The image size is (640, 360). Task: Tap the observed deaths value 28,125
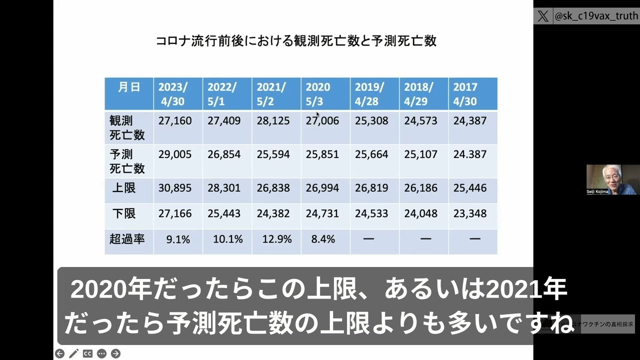click(x=273, y=121)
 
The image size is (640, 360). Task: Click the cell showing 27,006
click(x=322, y=121)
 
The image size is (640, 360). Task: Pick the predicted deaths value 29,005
click(x=175, y=154)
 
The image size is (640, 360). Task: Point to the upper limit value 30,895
click(x=175, y=188)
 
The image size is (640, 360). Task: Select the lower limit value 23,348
click(x=469, y=213)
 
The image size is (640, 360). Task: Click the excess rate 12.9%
click(x=277, y=239)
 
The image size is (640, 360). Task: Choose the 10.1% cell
click(x=227, y=239)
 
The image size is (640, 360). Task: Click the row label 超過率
click(x=127, y=239)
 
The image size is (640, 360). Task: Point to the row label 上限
click(x=123, y=188)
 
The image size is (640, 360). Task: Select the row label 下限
click(x=123, y=213)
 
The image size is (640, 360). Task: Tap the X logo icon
click(x=543, y=16)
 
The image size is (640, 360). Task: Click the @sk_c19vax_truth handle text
click(x=596, y=16)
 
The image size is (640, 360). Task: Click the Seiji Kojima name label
click(x=597, y=191)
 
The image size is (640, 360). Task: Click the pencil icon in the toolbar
click(x=73, y=353)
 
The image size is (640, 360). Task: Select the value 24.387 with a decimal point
click(x=469, y=154)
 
